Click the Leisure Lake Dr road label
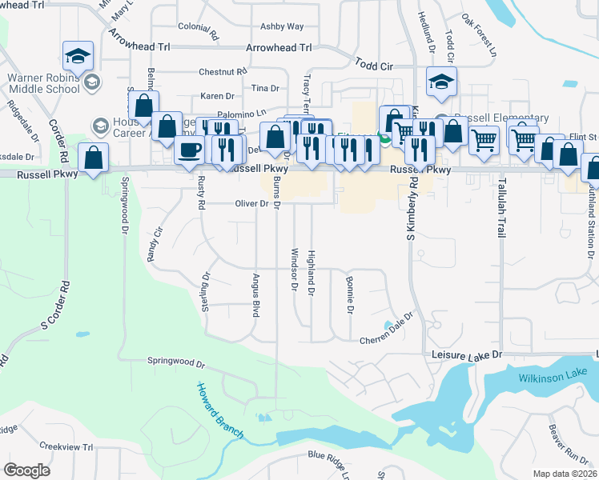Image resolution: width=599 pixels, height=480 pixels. coord(466,354)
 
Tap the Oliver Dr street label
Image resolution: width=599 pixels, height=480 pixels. coord(251,204)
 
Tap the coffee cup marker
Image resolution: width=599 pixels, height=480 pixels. coord(190,150)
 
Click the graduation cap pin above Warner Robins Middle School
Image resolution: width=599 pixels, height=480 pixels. coord(78,56)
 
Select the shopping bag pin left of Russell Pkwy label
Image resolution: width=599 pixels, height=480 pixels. coord(94,158)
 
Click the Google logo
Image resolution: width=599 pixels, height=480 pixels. coord(26,470)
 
